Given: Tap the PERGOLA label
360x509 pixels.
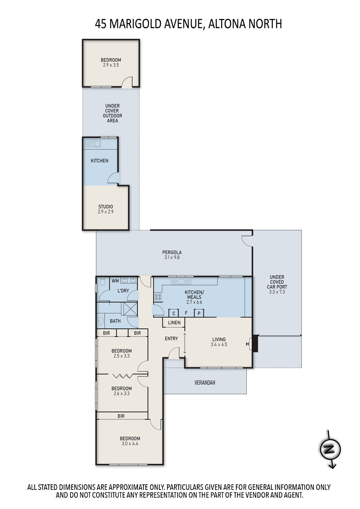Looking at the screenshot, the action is click(172, 252).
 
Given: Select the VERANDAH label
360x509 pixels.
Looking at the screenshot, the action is click(205, 383).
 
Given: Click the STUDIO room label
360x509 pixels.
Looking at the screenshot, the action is click(106, 207).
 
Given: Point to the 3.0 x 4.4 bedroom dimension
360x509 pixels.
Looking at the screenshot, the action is click(130, 443).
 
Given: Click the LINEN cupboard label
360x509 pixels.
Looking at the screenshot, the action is click(174, 322).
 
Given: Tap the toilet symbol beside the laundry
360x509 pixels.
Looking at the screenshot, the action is click(102, 282).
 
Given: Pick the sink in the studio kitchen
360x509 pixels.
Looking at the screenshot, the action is click(93, 144).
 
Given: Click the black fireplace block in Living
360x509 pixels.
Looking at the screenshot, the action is click(255, 343).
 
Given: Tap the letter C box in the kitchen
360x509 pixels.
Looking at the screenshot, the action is click(174, 313).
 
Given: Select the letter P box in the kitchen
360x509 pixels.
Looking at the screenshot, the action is click(199, 313).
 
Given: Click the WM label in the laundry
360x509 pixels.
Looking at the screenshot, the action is click(115, 281).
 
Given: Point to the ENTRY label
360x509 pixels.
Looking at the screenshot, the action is click(171, 338).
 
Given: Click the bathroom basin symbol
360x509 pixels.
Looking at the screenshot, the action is click(101, 321).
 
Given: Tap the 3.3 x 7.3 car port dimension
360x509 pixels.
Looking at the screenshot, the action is click(277, 292).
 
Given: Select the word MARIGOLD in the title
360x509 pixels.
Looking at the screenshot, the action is click(135, 24).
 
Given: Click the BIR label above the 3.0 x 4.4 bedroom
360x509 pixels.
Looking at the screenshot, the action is click(121, 416).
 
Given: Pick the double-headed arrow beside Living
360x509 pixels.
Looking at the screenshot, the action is click(185, 343).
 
